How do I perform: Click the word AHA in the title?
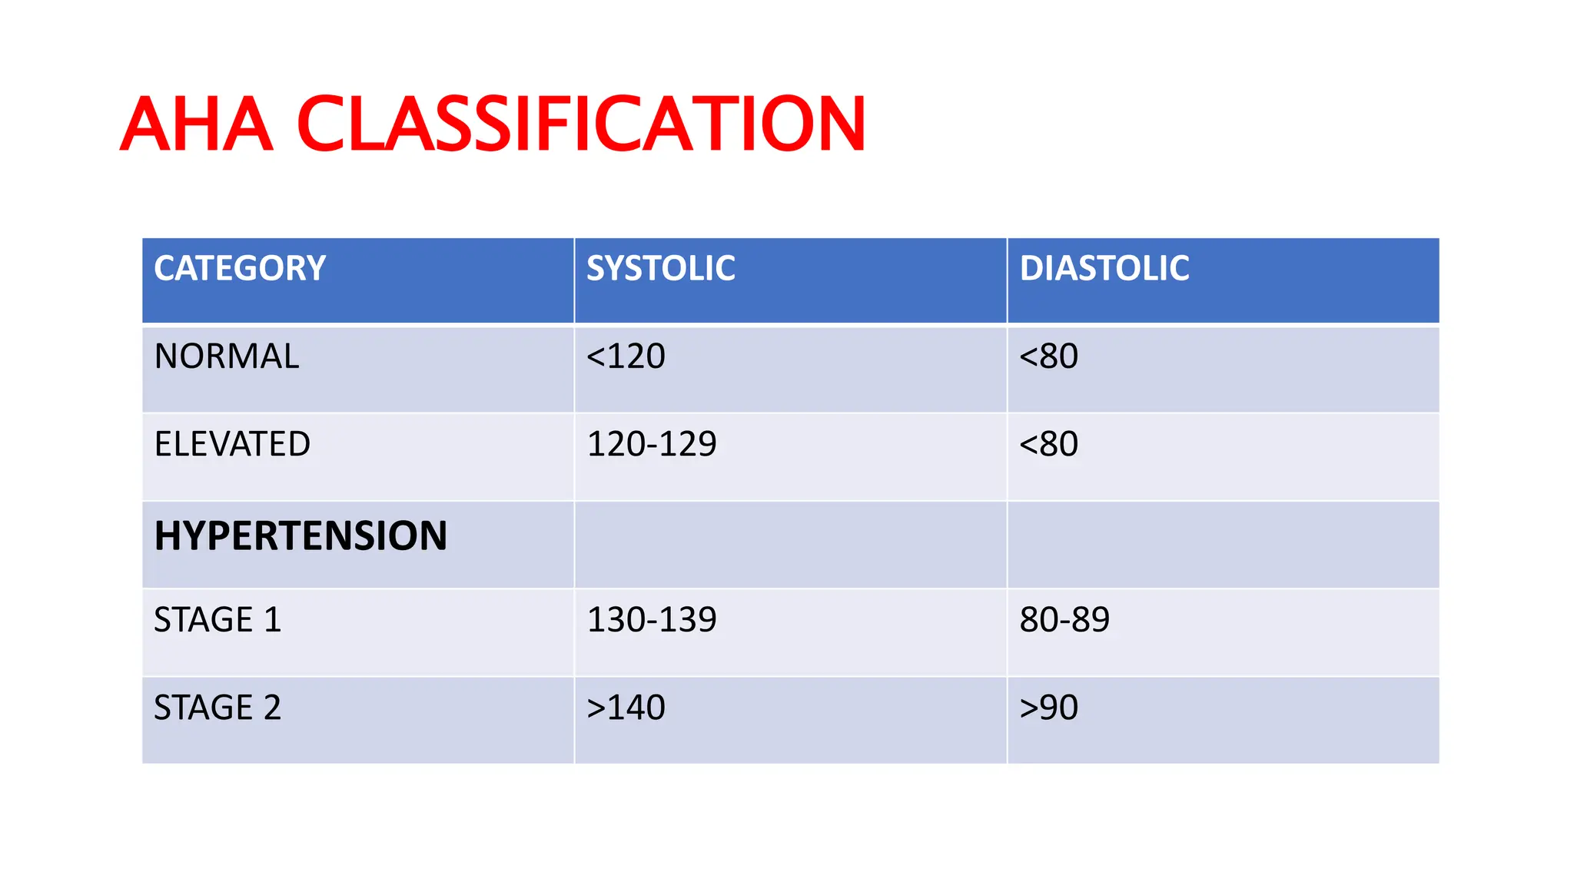pos(197,124)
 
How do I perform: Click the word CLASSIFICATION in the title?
pos(581,124)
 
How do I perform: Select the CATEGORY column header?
pos(240,268)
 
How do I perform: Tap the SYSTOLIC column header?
pos(660,268)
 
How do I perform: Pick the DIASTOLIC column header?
pos(1104,268)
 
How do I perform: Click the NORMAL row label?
pos(227,356)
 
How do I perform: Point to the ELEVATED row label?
pos(232,444)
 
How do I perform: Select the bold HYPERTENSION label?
pos(301,535)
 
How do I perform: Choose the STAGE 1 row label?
pos(218,620)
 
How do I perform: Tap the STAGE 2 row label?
pos(218,708)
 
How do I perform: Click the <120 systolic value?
pos(626,356)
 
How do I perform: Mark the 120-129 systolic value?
pos(652,444)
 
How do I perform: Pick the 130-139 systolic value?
pos(652,620)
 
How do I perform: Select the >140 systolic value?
pos(626,708)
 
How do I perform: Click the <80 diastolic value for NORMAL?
pos(1048,356)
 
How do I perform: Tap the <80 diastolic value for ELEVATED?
pos(1048,444)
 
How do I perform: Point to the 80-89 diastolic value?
pos(1064,620)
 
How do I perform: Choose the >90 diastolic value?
pos(1048,708)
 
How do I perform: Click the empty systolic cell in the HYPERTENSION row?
pos(790,545)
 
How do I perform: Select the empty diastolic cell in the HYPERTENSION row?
pos(1223,545)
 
